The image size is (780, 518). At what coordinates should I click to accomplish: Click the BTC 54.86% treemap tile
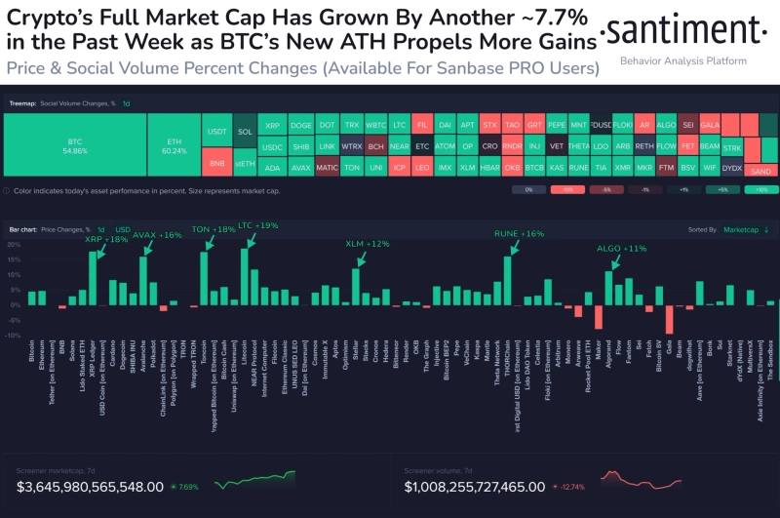(x=74, y=145)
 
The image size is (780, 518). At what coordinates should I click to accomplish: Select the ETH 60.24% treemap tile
(x=173, y=145)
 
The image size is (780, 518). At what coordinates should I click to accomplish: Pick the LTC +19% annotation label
(x=258, y=224)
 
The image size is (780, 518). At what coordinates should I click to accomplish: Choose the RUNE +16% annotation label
(x=519, y=234)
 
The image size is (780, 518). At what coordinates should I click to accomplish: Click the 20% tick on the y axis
(x=13, y=244)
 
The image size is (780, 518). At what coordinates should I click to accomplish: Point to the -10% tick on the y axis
(x=13, y=336)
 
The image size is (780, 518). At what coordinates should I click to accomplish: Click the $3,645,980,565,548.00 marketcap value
(x=90, y=485)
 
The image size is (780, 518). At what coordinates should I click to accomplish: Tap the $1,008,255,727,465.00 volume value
(x=476, y=485)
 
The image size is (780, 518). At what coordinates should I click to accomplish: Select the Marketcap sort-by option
(x=740, y=230)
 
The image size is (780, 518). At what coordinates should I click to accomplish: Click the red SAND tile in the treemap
(x=761, y=170)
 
